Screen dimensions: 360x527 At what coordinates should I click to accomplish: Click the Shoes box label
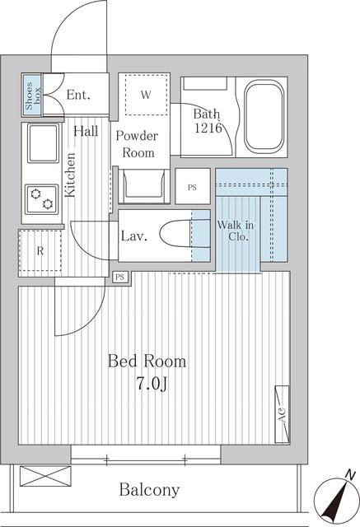click(x=33, y=96)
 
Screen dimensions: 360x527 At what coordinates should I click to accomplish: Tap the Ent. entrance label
click(x=78, y=95)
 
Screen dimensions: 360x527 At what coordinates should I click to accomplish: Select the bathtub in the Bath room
click(x=264, y=117)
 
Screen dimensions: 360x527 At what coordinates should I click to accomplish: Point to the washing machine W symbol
click(x=146, y=95)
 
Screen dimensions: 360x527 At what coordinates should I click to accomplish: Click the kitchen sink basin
click(x=43, y=142)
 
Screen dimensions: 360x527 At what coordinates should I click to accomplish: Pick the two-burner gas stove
click(x=42, y=198)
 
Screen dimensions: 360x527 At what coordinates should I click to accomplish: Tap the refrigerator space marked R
click(x=40, y=250)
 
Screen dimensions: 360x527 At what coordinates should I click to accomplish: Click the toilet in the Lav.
click(x=185, y=236)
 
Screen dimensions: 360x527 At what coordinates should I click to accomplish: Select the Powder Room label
click(x=138, y=144)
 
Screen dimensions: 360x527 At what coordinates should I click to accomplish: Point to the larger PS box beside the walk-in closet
click(x=193, y=186)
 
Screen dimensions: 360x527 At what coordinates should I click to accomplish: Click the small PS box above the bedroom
click(x=120, y=277)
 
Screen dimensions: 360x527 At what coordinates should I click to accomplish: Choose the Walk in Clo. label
click(x=236, y=231)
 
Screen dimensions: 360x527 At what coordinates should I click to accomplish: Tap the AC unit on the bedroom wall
click(x=282, y=414)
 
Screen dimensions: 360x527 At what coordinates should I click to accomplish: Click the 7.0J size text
click(x=152, y=383)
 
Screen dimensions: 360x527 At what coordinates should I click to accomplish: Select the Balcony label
click(x=150, y=490)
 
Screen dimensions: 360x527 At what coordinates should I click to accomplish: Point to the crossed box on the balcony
click(x=45, y=476)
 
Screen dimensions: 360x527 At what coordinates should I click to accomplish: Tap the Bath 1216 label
click(x=208, y=121)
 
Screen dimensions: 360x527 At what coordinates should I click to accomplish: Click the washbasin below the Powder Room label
click(x=144, y=186)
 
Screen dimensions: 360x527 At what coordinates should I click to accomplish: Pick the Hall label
click(x=86, y=131)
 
